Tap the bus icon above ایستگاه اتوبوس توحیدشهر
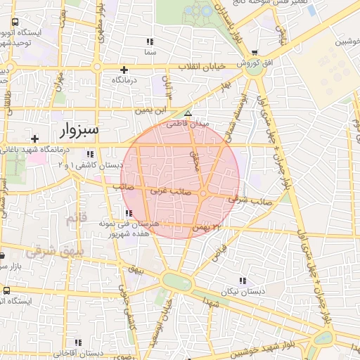tap(15, 23)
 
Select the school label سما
tap(148, 53)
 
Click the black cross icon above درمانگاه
tap(124, 70)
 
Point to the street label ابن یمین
tap(134, 110)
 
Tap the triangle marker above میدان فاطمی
tap(187, 113)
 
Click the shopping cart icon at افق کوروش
tap(255, 52)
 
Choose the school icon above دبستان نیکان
tap(243, 280)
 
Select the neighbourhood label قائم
tap(74, 220)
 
